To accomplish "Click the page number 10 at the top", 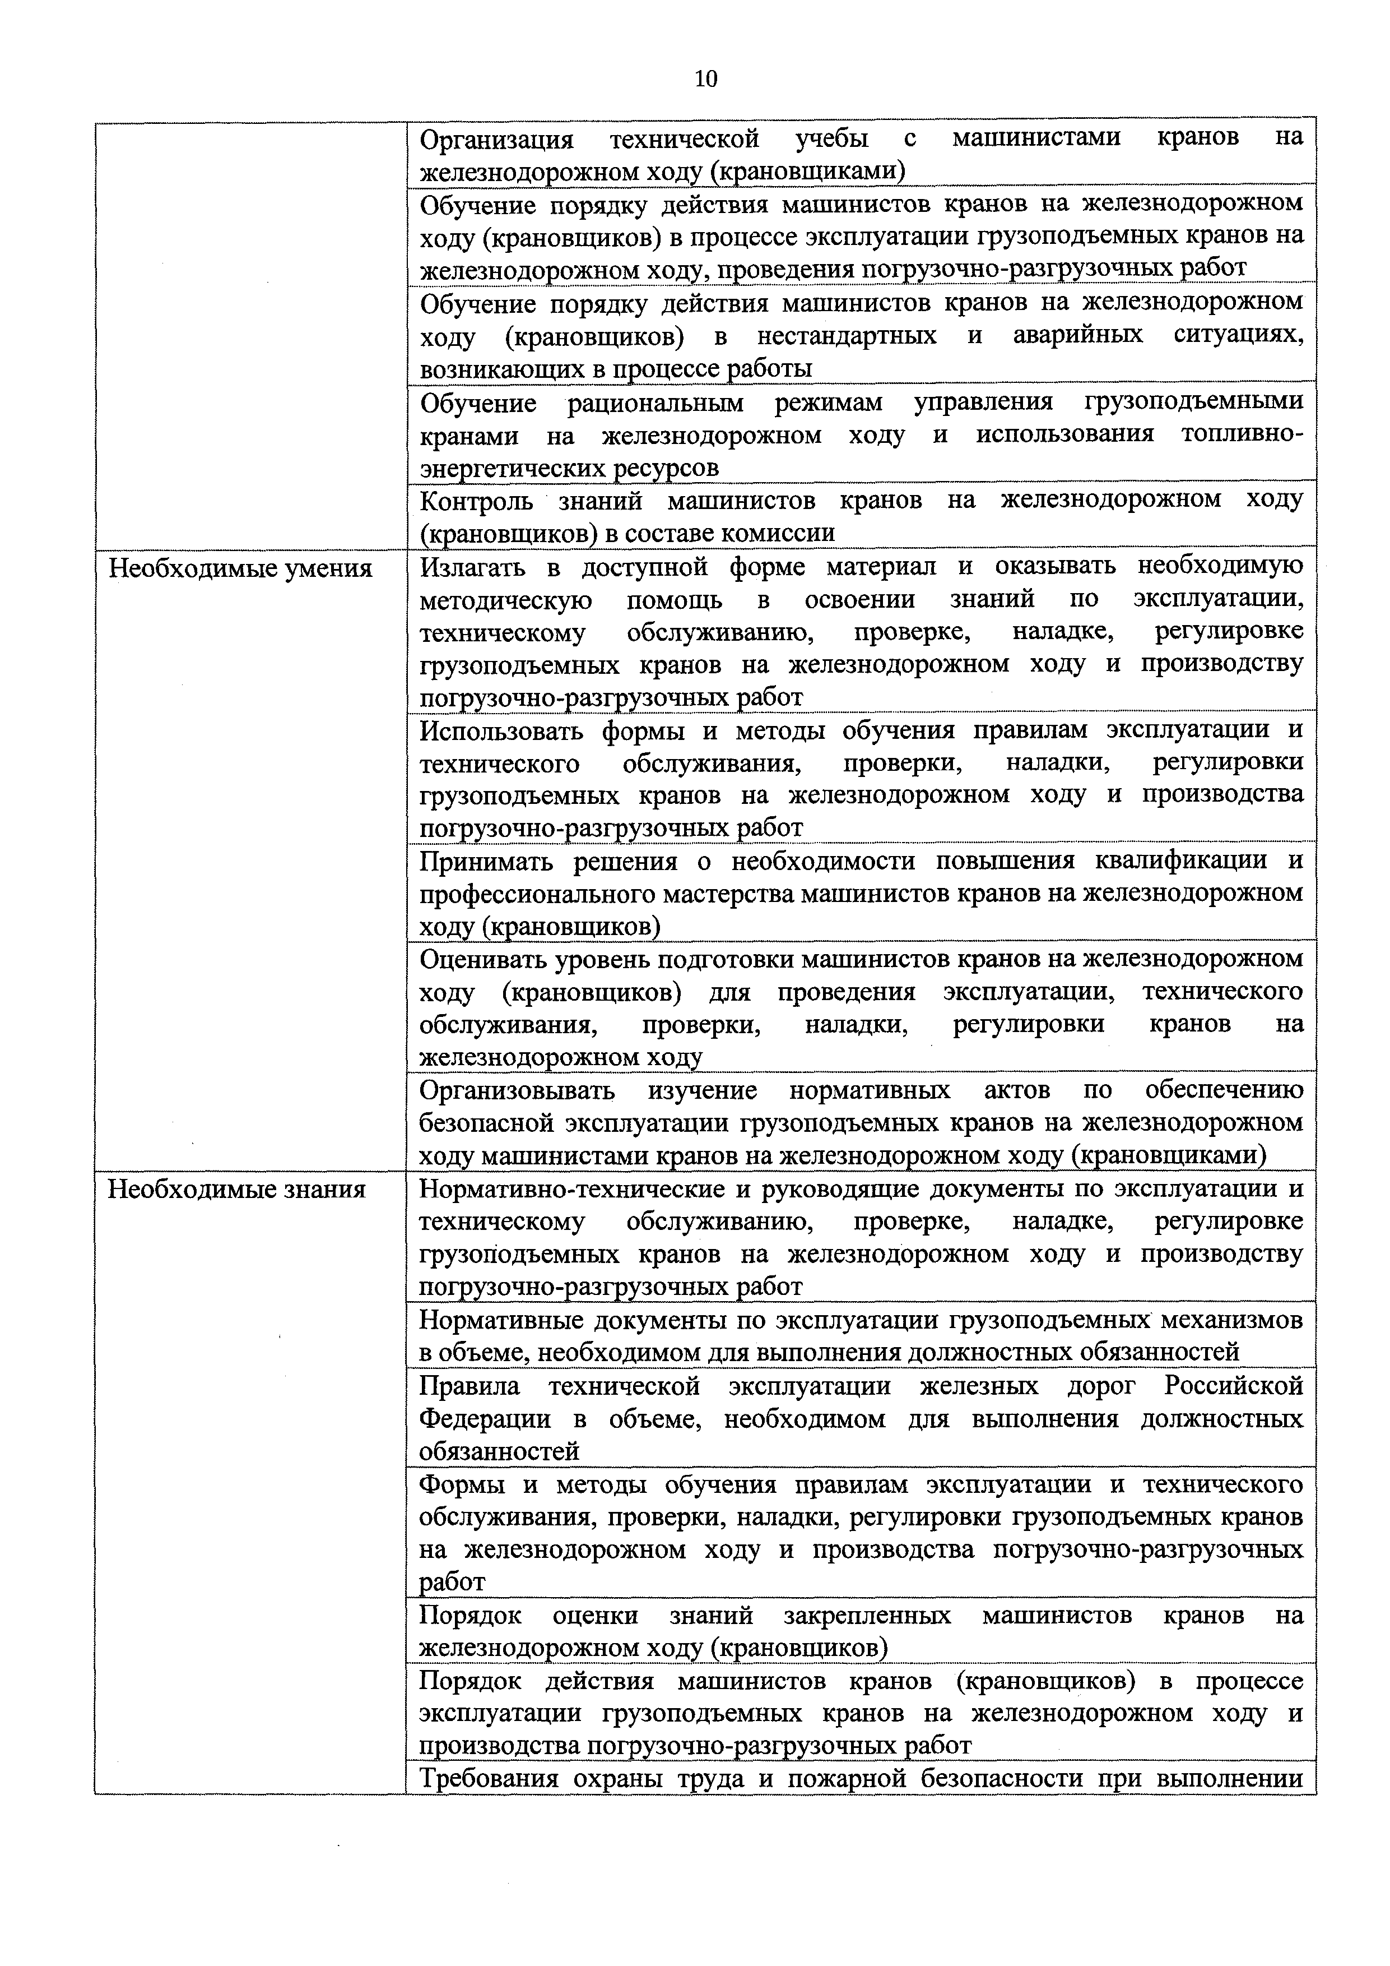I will [706, 80].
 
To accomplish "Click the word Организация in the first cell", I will [496, 138].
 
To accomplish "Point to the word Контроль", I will [476, 501].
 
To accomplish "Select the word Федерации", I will [485, 1419].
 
